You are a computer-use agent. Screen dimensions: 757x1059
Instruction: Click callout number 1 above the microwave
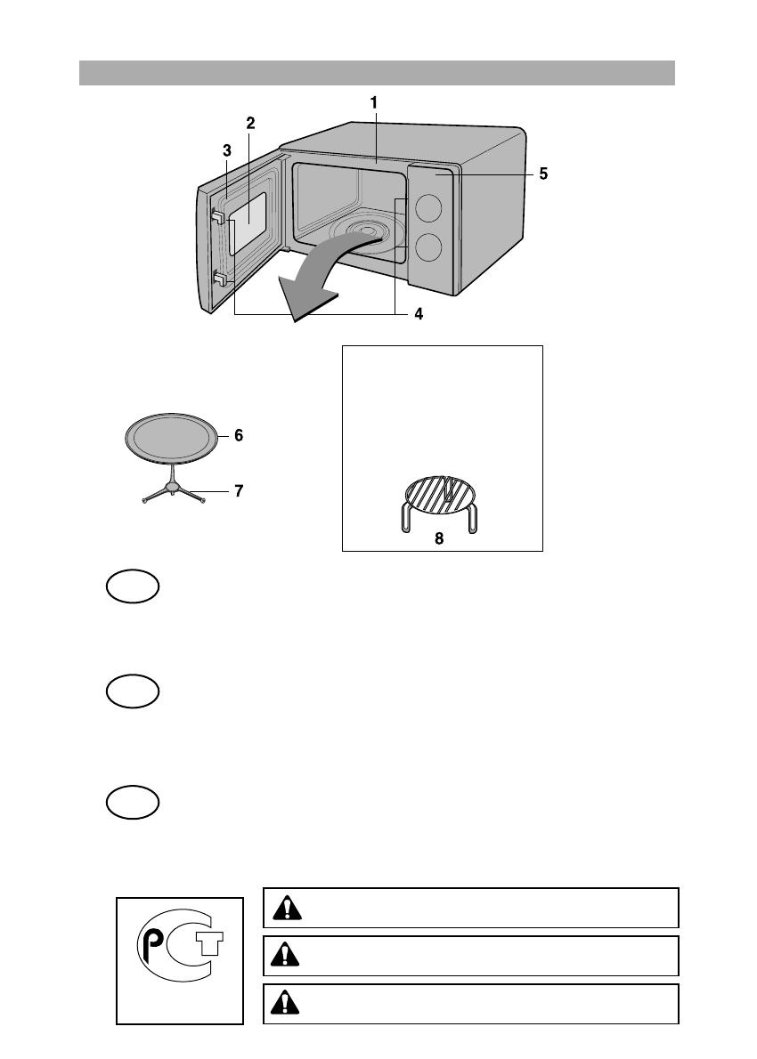pos(374,103)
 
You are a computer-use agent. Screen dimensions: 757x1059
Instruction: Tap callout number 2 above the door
pos(251,123)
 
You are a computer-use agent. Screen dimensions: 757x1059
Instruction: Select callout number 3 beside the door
pos(227,150)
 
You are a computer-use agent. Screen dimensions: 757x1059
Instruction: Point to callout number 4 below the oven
pos(418,314)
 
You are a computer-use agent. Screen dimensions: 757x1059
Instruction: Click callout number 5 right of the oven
pos(543,174)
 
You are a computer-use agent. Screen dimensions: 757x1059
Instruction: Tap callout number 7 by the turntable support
pos(239,490)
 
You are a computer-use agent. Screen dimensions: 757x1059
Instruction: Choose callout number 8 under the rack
pos(439,539)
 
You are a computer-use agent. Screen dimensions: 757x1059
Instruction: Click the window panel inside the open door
pos(250,217)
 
